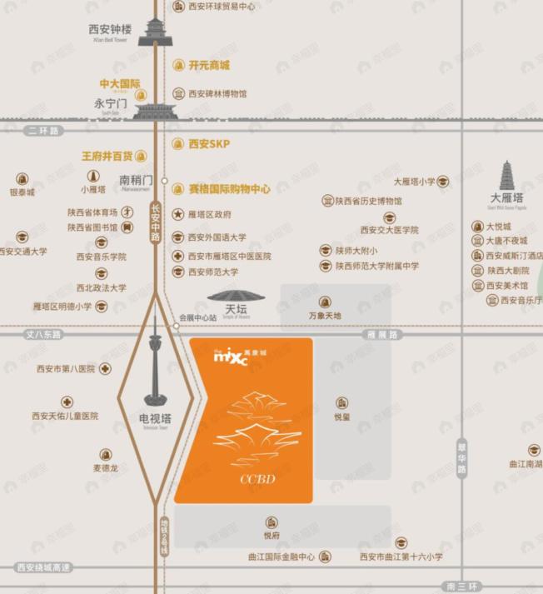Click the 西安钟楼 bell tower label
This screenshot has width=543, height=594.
110,29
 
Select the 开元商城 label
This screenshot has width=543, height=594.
208,65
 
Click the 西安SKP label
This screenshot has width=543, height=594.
208,143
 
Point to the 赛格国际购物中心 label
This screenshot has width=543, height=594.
229,189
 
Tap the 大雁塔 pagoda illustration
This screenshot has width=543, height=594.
506,177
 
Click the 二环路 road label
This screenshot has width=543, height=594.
44,131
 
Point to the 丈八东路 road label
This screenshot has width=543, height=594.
44,334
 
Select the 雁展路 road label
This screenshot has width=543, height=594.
382,334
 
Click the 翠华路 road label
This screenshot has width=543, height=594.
462,457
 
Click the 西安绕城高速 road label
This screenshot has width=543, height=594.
43,567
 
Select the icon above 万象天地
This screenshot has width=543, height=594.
325,302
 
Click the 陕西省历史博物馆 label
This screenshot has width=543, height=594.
368,202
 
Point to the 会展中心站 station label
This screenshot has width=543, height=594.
197,317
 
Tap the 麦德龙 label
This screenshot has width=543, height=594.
106,468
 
